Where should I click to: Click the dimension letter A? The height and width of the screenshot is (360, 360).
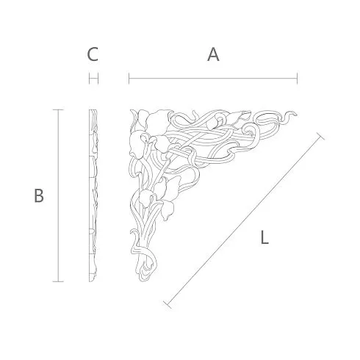coord(213,54)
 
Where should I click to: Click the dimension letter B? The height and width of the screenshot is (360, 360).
coord(39,195)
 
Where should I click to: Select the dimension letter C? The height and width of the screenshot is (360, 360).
coord(93,54)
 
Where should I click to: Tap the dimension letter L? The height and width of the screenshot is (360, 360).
coord(264,237)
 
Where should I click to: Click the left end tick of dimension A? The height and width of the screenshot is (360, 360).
coord(129,79)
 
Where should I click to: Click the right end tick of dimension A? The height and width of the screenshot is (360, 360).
coord(297,79)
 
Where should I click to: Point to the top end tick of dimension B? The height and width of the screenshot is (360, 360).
coord(58,109)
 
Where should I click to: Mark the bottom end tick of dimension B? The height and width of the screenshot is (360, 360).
coord(58,281)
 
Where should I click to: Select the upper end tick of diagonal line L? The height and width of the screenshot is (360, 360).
coord(320,137)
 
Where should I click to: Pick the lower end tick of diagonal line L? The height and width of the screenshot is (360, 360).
coord(168,304)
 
